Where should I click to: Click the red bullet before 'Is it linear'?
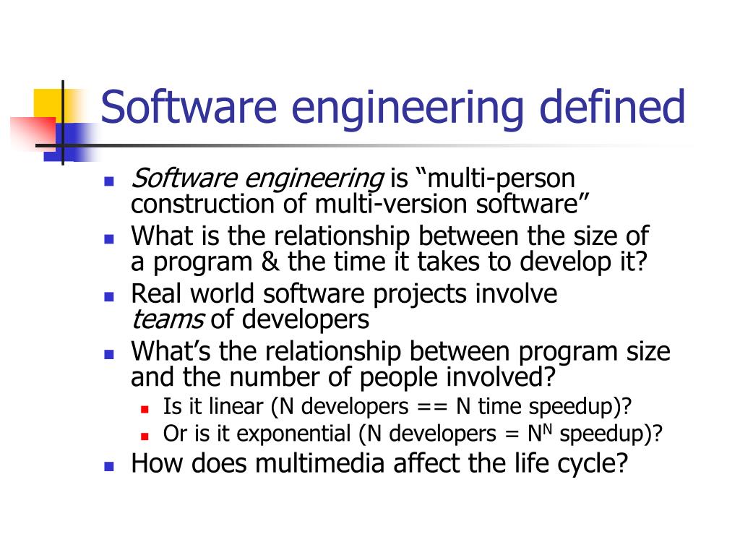click(x=145, y=409)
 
